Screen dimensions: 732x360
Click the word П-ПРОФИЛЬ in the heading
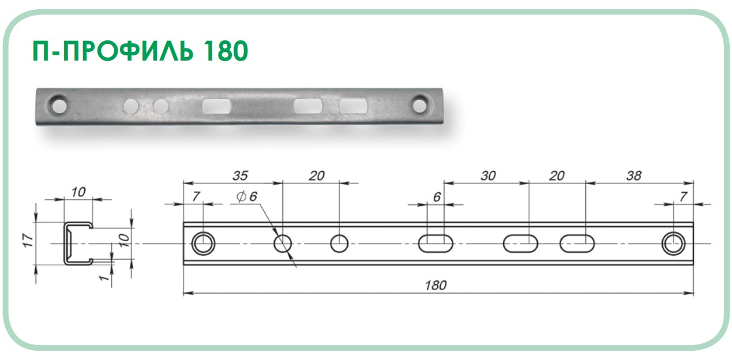coord(112,51)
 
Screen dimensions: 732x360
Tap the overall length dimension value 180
coord(436,286)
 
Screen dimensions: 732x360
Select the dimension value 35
coord(240,175)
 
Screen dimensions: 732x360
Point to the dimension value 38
coord(633,175)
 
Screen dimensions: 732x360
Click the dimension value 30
coord(488,175)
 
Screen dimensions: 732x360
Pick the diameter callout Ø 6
coord(247,197)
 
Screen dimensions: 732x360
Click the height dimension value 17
coord(28,241)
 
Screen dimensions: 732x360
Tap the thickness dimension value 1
coord(104,277)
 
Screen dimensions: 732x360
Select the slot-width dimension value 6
coord(437,197)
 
